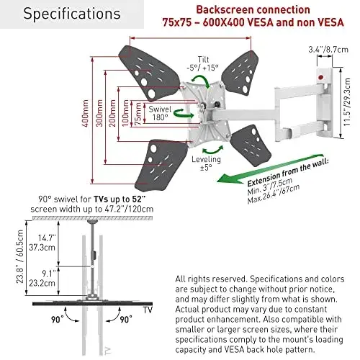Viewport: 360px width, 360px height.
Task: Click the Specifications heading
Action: point(72,14)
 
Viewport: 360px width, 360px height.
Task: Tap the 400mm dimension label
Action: point(85,113)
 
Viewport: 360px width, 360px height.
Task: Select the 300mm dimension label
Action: point(99,113)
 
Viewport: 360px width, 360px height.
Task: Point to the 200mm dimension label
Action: point(112,113)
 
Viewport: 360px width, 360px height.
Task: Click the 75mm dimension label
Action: point(138,114)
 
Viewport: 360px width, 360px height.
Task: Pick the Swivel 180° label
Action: point(160,113)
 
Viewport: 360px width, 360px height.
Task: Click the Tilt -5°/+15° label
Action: point(203,63)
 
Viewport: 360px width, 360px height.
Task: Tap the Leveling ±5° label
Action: point(206,163)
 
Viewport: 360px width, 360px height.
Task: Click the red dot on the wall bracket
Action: point(320,78)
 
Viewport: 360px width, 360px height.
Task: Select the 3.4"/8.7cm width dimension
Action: point(328,50)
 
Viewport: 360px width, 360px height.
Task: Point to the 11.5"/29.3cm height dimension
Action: point(347,102)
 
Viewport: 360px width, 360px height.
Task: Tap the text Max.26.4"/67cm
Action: point(274,194)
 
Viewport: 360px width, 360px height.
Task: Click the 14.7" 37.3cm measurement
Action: point(42,243)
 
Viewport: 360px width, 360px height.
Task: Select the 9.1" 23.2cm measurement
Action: point(42,279)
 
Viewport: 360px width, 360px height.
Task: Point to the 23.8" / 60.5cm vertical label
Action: point(19,256)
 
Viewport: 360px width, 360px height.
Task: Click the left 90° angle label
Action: point(58,320)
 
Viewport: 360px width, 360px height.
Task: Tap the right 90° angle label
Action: point(126,320)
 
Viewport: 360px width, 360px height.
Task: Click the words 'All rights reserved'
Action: point(211,279)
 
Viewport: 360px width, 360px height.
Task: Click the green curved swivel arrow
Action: point(184,113)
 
